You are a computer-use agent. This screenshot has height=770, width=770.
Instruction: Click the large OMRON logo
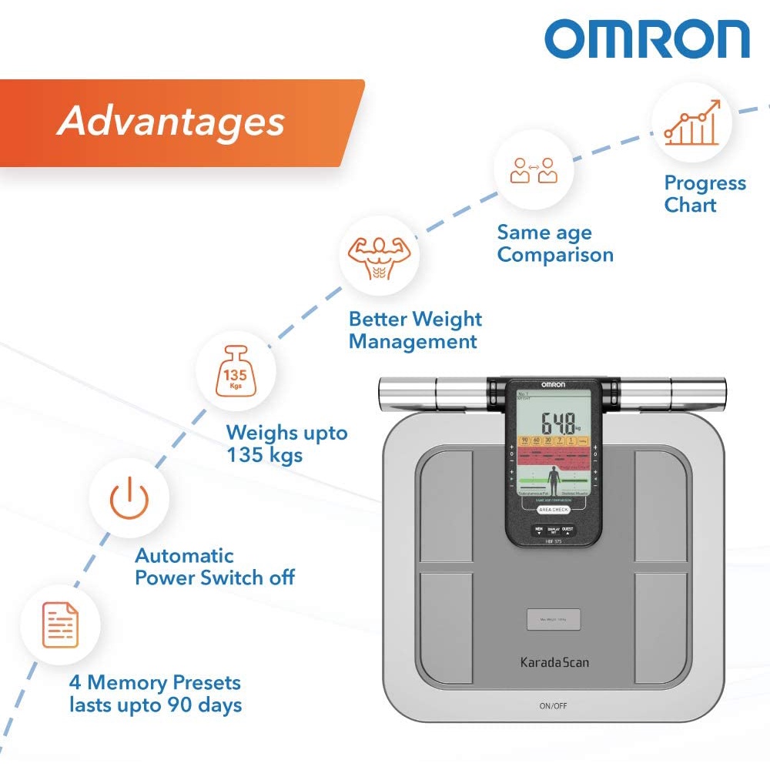(x=647, y=40)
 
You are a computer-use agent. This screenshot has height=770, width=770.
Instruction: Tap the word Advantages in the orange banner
(x=171, y=121)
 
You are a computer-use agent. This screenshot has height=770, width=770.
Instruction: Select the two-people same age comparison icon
(x=533, y=170)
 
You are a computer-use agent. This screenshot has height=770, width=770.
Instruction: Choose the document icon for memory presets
(x=60, y=623)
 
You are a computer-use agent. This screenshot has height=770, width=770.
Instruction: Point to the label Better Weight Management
(x=415, y=330)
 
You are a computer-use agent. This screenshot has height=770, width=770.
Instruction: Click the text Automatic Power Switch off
(x=214, y=567)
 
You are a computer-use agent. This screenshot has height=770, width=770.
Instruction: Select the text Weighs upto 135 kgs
(x=286, y=444)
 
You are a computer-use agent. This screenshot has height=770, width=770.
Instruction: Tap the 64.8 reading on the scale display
(x=558, y=422)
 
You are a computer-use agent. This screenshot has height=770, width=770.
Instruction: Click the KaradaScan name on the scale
(x=554, y=661)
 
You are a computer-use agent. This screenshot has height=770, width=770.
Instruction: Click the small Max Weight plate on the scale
(x=554, y=619)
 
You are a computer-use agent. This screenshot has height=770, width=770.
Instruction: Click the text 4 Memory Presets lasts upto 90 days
(x=156, y=693)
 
